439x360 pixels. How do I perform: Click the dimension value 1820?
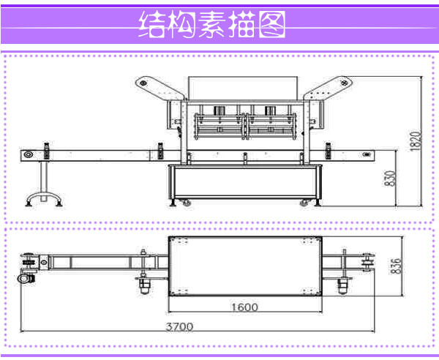pos(416,141)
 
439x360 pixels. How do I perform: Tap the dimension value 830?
pos(390,178)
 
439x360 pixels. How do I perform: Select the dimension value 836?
pos(396,266)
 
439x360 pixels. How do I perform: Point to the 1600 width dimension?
pos(244,307)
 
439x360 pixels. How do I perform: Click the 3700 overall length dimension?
pos(179,326)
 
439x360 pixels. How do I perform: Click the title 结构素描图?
pos(212,24)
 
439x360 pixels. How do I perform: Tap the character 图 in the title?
pos(272,24)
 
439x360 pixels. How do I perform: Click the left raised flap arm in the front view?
pos(159,87)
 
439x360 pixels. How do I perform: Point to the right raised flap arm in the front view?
pos(328,87)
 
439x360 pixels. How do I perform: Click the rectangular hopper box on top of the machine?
pos(243,88)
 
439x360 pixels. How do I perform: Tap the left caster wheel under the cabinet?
pos(186,203)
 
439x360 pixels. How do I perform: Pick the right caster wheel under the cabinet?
pos(304,203)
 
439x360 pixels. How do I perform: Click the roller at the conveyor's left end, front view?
pos(28,154)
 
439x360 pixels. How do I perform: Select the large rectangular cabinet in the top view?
pos(245,266)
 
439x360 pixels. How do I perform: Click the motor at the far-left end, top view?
pos(26,279)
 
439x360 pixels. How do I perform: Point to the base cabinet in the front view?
pos(245,181)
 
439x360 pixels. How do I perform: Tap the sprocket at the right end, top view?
pos(368,262)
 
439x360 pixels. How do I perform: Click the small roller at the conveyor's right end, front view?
pos(367,154)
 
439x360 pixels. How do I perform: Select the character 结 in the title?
pos(151,24)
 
